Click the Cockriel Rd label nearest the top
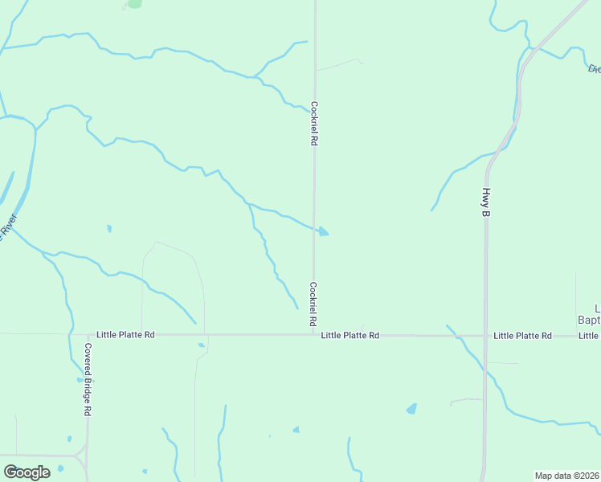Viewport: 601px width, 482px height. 314,122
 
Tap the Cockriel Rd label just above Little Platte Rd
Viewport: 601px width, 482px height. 313,304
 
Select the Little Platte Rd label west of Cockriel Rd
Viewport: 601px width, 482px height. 125,334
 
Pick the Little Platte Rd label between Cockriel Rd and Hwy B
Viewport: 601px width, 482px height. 350,335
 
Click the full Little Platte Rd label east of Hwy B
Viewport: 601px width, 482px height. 522,335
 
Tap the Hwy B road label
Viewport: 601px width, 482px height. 486,202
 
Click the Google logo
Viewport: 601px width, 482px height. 27,472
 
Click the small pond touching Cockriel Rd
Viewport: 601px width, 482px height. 323,231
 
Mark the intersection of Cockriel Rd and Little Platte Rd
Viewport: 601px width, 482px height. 313,335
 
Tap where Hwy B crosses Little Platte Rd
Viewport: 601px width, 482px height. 485,335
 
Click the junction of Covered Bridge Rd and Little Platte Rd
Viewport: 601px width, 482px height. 88,335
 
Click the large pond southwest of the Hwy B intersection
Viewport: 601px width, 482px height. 411,408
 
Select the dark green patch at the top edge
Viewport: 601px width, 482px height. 134,3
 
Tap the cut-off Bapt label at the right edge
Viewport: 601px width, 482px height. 590,320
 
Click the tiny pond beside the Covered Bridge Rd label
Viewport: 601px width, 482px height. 79,378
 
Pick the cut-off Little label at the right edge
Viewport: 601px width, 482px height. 590,335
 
